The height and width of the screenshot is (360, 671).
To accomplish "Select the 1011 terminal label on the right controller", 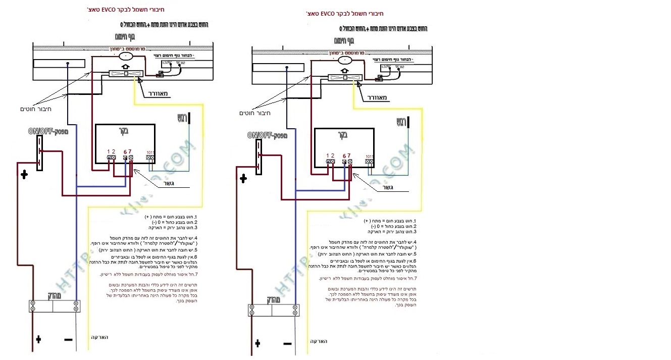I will coord(369,156).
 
